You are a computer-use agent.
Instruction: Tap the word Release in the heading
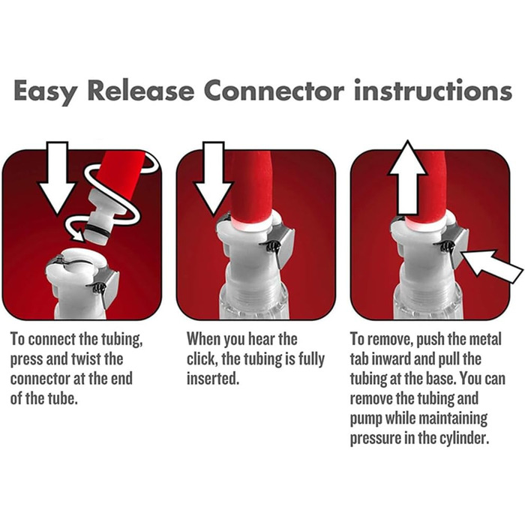tap(141, 90)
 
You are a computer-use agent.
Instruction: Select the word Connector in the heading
tap(274, 90)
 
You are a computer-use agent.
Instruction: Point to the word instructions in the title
tap(433, 90)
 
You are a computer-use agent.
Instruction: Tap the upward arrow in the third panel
tap(407, 178)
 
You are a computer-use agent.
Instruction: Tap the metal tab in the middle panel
tap(285, 246)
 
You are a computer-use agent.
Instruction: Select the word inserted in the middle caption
tap(213, 379)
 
